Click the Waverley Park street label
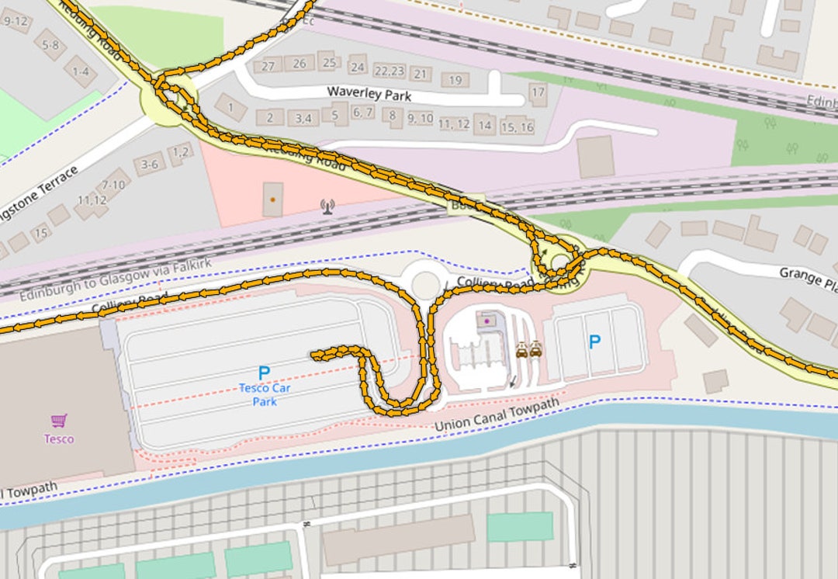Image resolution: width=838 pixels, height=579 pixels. coord(369,93)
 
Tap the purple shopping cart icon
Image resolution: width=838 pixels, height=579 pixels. coord(58,421)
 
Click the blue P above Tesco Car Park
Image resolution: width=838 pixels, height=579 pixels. coord(264,373)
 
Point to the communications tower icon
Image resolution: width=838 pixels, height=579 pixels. coord(327,206)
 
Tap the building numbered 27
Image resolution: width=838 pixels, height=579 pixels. coord(268,66)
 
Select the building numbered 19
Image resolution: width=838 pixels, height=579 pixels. coord(455,80)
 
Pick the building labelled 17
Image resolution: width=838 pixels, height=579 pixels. coord(538,91)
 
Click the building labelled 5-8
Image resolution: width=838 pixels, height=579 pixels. coord(50,45)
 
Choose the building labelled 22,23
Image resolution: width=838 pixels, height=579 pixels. coord(390,71)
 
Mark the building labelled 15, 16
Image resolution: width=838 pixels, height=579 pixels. coord(518,127)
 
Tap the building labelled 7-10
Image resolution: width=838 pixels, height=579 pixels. coord(114,184)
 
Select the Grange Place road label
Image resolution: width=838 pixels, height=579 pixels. coord(807,277)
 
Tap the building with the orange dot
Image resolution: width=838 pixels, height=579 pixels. coord(272,199)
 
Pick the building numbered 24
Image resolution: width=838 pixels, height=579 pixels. coord(358,67)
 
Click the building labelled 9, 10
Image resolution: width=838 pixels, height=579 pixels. coord(420,119)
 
